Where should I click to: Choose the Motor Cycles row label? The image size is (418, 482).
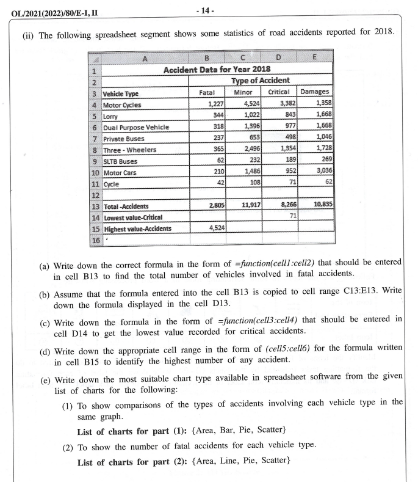[x=122, y=104]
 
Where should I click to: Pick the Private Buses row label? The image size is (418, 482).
[x=124, y=138]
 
